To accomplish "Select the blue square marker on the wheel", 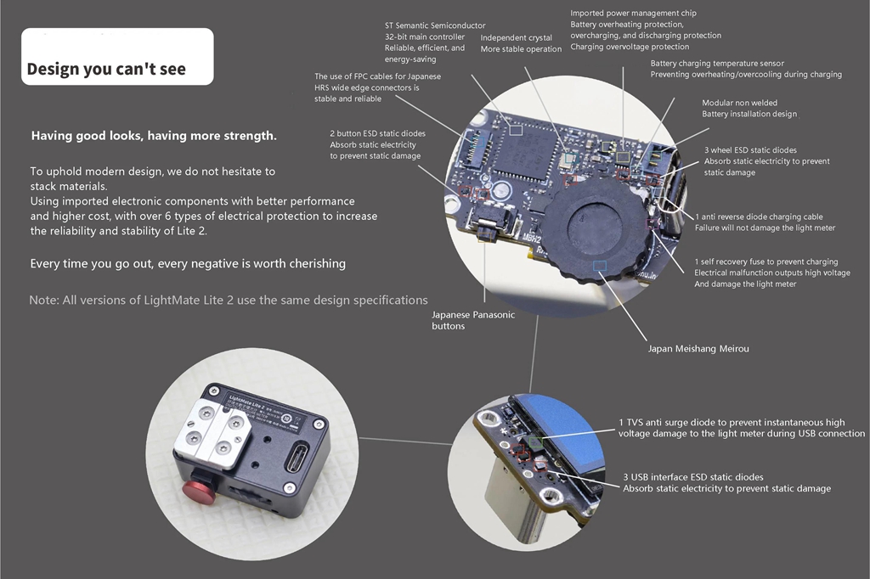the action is click(x=599, y=267).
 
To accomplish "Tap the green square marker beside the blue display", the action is click(x=535, y=442).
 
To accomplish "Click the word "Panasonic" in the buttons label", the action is click(x=493, y=314).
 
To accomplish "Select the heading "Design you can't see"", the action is click(x=106, y=69).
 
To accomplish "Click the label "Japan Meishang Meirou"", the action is click(x=698, y=349).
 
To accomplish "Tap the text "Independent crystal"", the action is click(x=516, y=37).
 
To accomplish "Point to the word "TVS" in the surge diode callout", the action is click(x=636, y=423).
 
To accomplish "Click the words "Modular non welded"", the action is click(x=740, y=103).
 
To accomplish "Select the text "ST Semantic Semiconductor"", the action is click(x=435, y=25).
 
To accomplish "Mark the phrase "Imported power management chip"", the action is click(x=633, y=13).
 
